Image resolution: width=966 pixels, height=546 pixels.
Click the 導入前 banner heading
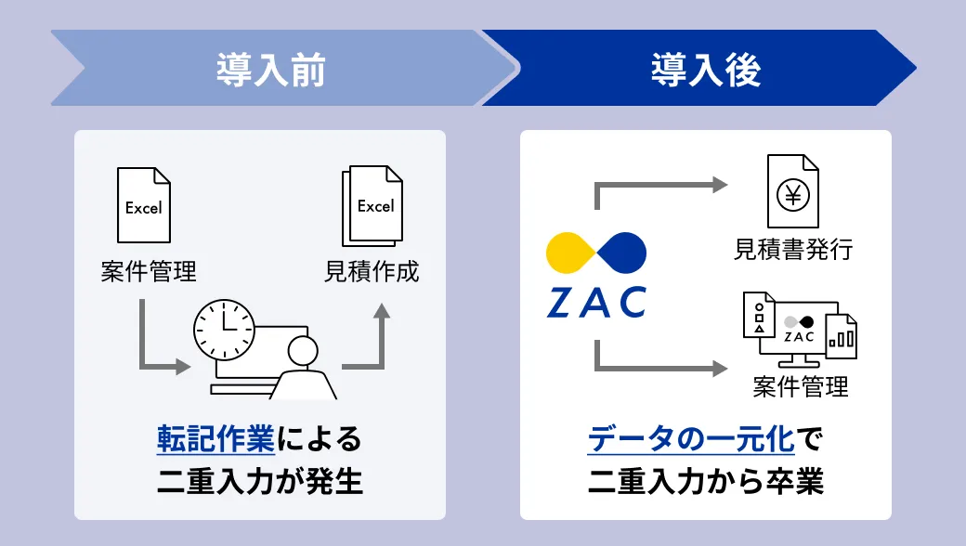pyautogui.click(x=271, y=70)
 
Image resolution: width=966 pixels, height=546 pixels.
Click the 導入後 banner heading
pyautogui.click(x=705, y=70)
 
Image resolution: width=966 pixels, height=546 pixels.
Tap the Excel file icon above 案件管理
pyautogui.click(x=144, y=206)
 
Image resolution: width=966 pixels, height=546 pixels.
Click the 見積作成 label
pyautogui.click(x=372, y=272)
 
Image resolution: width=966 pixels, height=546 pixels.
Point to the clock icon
pyautogui.click(x=223, y=331)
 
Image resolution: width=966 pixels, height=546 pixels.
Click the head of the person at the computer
pyautogui.click(x=304, y=352)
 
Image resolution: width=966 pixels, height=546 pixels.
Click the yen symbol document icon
pyautogui.click(x=792, y=193)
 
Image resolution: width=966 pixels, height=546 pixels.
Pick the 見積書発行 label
pyautogui.click(x=792, y=251)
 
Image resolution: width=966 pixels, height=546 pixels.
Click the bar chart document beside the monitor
pyautogui.click(x=842, y=335)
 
